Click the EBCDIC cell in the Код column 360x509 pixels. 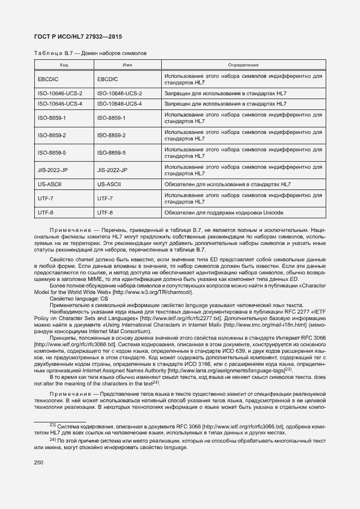coord(48,79)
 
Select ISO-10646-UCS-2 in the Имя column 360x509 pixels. coord(119,94)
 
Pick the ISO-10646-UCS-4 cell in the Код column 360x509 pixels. coord(60,103)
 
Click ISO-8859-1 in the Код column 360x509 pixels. coord(52,118)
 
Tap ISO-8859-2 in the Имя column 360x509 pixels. coord(111,135)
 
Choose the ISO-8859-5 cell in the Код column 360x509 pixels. coord(52,152)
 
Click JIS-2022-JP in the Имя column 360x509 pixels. coord(112,170)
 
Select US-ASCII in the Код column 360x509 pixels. coord(50,185)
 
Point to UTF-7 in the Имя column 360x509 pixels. coord(105,199)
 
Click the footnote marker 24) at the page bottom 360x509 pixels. coord(53,438)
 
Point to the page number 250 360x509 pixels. coord(39,462)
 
